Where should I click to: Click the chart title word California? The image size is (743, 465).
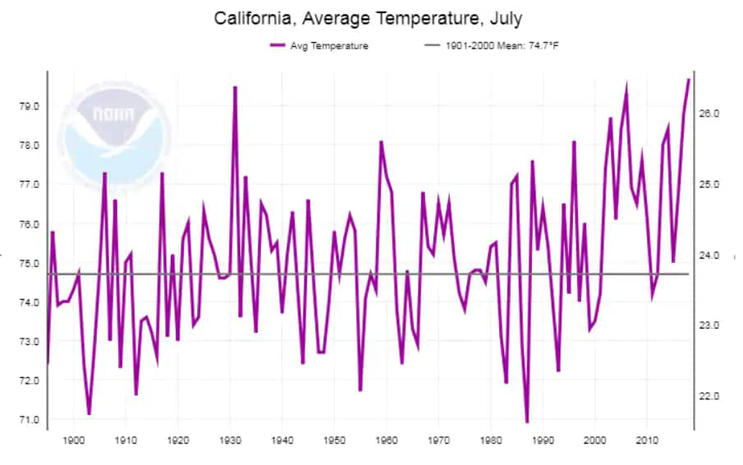pos(255,18)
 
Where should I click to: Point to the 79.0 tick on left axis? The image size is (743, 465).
pos(29,106)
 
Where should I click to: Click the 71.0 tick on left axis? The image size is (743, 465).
pos(29,420)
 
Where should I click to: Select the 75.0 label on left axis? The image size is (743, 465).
pos(29,263)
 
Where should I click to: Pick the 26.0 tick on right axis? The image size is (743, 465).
pos(709,113)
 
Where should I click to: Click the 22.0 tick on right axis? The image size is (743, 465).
pos(709,396)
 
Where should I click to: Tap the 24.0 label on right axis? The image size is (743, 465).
pos(709,255)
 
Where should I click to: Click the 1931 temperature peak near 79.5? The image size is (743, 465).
pos(235,87)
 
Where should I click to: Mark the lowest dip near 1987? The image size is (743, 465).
pos(527,422)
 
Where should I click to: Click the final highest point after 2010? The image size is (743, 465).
pos(689,79)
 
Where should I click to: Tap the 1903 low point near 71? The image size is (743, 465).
pos(89,414)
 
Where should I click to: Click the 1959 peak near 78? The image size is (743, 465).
pos(381,142)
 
